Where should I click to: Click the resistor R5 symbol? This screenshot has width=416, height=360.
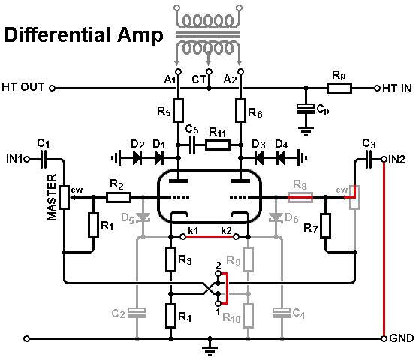178,110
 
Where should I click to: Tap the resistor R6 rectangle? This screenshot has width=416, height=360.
240,110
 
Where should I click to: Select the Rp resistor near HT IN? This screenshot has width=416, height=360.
339,88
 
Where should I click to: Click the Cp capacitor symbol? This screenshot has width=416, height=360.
306,109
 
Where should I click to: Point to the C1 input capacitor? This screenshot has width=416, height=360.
44,160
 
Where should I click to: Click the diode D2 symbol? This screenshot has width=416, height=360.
137,158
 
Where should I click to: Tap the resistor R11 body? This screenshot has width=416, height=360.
218,145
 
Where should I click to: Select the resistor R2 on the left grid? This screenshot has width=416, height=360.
119,197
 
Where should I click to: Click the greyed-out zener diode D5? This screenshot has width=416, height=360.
143,217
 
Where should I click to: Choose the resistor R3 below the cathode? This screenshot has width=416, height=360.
170,259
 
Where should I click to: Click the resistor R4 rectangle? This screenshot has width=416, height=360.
170,316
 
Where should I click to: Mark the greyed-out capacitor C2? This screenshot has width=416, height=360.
137,313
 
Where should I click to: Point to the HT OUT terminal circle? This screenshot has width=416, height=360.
53,88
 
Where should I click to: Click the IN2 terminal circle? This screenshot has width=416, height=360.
384,160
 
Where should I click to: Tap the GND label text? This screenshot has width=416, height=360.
402,338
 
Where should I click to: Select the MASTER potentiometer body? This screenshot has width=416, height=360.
64,197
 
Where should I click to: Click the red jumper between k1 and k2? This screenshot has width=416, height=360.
210,236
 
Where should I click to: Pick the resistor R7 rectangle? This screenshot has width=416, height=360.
326,226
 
